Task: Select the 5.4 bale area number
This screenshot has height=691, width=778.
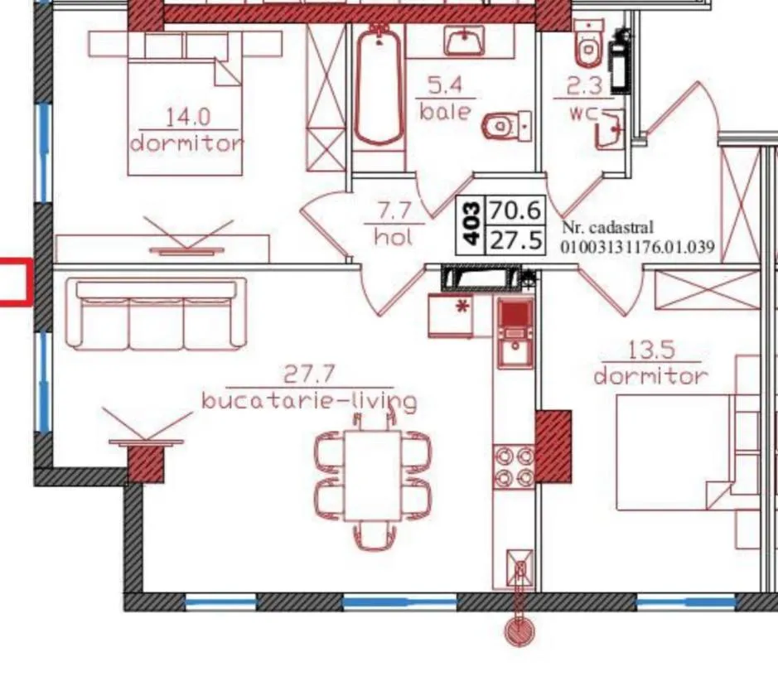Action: tap(445, 86)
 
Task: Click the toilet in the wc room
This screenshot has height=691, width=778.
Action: tap(588, 45)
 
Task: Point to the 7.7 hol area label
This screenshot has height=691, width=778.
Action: tap(394, 211)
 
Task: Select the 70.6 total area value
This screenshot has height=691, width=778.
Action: tap(515, 210)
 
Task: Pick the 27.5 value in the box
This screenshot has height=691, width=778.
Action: tap(516, 240)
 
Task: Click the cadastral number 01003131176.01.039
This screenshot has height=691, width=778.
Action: tap(637, 247)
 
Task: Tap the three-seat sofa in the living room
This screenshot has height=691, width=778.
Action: tap(156, 314)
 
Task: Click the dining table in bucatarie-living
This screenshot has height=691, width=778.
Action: tap(373, 476)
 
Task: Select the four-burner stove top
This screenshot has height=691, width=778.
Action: tap(514, 466)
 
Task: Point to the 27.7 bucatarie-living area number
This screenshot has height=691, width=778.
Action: tap(309, 374)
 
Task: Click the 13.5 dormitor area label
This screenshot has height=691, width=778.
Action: tap(651, 350)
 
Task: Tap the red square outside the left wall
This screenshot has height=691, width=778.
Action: tap(15, 281)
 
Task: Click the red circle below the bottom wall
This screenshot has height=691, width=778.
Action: tap(520, 632)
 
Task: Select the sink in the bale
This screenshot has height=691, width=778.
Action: tap(465, 41)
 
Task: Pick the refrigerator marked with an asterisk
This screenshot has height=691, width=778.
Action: tap(451, 316)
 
